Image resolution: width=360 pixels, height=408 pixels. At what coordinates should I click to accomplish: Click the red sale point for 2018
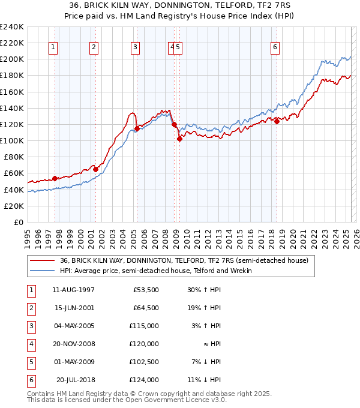[277, 121]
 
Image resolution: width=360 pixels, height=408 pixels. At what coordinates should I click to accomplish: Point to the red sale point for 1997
[55, 178]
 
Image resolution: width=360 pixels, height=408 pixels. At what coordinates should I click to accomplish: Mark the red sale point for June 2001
[95, 169]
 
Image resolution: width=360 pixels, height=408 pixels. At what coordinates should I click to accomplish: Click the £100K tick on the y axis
[12, 140]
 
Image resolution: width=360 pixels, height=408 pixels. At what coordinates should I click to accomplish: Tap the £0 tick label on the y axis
[18, 222]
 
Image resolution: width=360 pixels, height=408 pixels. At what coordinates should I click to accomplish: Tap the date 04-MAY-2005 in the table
[73, 327]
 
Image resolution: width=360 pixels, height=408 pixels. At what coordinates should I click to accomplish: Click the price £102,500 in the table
[143, 362]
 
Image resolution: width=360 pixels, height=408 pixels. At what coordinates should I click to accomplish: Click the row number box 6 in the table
[31, 380]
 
